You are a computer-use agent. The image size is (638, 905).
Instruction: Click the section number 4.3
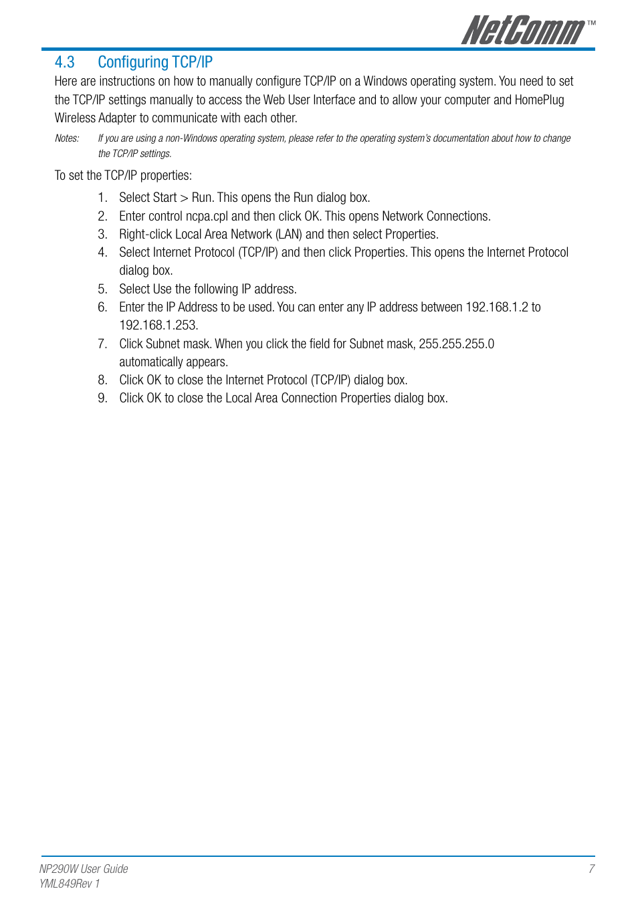[64, 62]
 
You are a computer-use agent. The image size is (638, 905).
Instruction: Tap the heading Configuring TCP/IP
[155, 62]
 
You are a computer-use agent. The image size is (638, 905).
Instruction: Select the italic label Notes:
[67, 138]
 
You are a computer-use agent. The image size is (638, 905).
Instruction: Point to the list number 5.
[102, 289]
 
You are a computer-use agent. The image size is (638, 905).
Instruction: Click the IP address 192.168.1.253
[158, 326]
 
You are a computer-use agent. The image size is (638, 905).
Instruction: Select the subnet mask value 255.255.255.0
[456, 344]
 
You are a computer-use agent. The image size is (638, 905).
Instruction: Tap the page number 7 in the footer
[591, 869]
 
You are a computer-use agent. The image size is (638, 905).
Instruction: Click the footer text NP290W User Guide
[84, 869]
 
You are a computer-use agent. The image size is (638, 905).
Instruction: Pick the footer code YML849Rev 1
[70, 884]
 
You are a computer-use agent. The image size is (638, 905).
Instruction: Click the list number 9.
[102, 398]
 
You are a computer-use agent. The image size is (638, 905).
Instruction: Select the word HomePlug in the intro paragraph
[539, 100]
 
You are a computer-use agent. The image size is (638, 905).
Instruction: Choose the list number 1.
[102, 198]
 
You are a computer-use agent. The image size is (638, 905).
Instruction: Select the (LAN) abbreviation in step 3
[289, 235]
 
